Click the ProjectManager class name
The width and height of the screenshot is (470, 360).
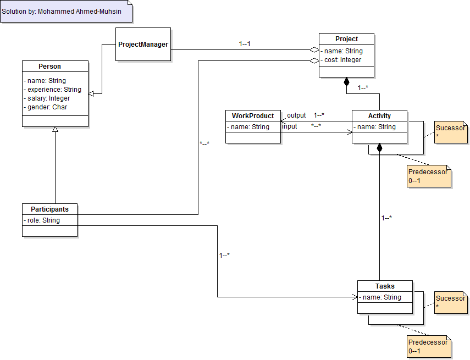(143, 44)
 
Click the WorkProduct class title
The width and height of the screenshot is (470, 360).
(253, 116)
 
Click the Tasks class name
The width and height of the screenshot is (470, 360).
(385, 286)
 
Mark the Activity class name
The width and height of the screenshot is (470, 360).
(379, 116)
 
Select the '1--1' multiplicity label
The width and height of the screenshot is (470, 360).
(245, 44)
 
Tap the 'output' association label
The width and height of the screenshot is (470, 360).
(296, 115)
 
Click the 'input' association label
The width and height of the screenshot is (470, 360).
(290, 126)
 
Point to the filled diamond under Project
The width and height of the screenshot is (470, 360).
(346, 82)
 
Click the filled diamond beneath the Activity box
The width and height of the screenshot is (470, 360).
(379, 148)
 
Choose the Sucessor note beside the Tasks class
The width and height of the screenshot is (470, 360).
(450, 302)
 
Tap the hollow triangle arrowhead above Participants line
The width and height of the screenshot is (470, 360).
(55, 130)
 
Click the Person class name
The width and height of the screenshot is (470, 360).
(49, 67)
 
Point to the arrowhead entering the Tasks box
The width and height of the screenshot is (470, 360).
(355, 297)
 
